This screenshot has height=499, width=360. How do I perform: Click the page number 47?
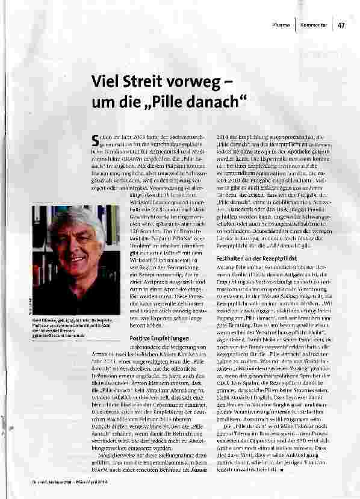tap(341, 25)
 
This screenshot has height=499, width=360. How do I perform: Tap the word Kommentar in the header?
tap(314, 25)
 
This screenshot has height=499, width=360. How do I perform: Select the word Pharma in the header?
tap(281, 25)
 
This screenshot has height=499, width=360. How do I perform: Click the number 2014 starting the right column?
tap(224, 137)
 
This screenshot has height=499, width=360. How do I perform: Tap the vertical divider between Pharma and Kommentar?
tap(296, 25)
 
